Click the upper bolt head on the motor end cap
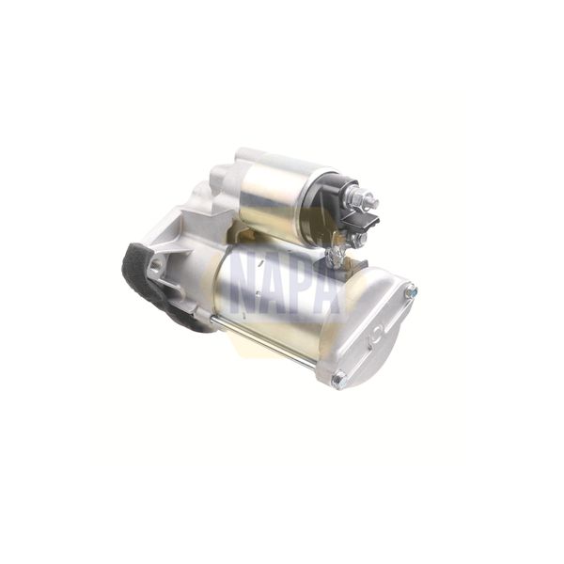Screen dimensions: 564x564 tap(410, 291)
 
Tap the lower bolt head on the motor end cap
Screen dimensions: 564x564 tap(338, 380)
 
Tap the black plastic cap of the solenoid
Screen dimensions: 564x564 tap(329, 202)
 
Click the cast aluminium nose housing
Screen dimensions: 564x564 tap(188, 235)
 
